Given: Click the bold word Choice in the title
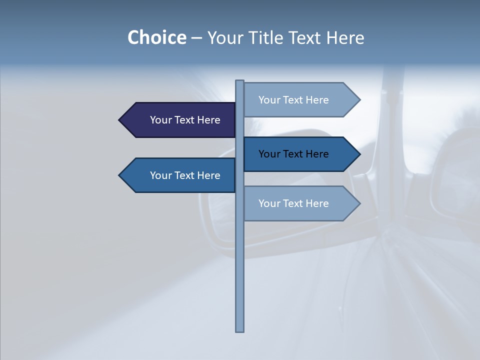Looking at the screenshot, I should click(156, 37).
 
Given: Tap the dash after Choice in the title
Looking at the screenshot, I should click(196, 38).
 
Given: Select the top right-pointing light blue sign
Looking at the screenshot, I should click(300, 100).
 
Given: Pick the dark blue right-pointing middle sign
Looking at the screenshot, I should click(300, 154).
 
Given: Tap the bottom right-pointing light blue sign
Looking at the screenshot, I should click(300, 203).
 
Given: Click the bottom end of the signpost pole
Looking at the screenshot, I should click(240, 329).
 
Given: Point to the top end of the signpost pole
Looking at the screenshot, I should click(240, 82).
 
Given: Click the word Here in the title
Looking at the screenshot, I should click(345, 37).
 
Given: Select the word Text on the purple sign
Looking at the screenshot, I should click(185, 120).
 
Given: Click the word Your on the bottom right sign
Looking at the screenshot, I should click(269, 203).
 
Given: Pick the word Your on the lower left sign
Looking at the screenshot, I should click(160, 175).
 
